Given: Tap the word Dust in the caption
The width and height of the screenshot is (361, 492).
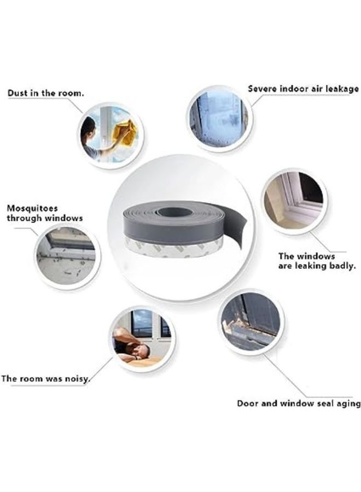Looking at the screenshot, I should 18,93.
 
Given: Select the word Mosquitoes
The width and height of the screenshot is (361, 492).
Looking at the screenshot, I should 32,208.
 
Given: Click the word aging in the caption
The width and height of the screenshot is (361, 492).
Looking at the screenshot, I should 345,404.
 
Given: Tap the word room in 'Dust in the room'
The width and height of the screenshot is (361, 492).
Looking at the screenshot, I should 69,93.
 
